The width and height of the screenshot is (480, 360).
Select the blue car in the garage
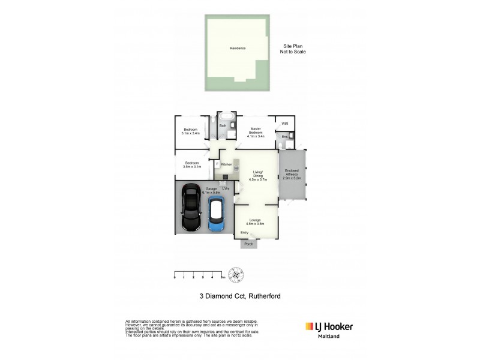216,215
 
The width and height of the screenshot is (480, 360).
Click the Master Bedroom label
256,133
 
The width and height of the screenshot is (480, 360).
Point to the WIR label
284,124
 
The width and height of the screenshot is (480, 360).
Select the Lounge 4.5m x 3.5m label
256,221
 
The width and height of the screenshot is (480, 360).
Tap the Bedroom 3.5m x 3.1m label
191,165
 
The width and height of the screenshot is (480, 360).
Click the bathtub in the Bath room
227,116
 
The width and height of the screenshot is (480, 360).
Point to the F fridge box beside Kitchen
217,164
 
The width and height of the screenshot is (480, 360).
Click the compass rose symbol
238,275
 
